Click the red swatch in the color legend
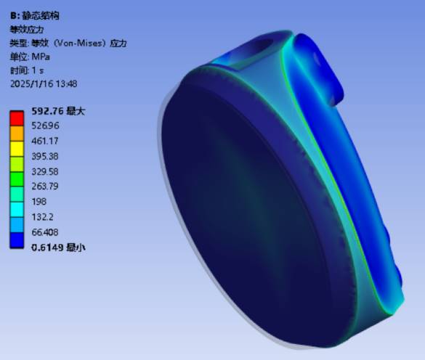17,118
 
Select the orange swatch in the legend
17,134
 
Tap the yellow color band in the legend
17,149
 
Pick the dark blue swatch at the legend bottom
17,240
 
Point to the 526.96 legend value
45,126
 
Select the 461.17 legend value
45,141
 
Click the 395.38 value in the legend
45,156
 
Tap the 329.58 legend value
45,171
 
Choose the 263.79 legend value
45,187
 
